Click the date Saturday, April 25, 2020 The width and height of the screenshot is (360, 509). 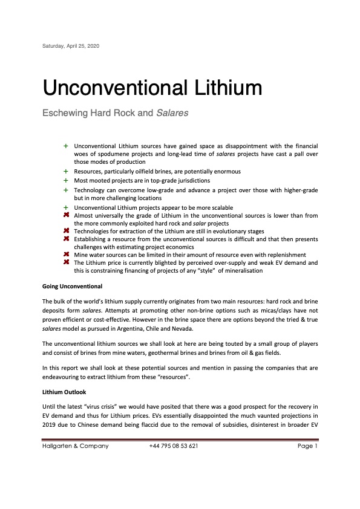[x=70, y=46]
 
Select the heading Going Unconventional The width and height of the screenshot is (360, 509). [x=72, y=285]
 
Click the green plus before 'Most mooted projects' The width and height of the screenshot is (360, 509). [x=65, y=180]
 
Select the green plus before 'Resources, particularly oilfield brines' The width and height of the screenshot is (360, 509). [x=65, y=172]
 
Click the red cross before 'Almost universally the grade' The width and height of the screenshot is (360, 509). [x=65, y=215]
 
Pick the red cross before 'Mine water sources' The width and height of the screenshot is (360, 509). [x=65, y=254]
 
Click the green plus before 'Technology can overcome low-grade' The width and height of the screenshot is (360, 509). [x=65, y=189]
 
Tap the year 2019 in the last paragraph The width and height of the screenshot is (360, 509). [x=49, y=423]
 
